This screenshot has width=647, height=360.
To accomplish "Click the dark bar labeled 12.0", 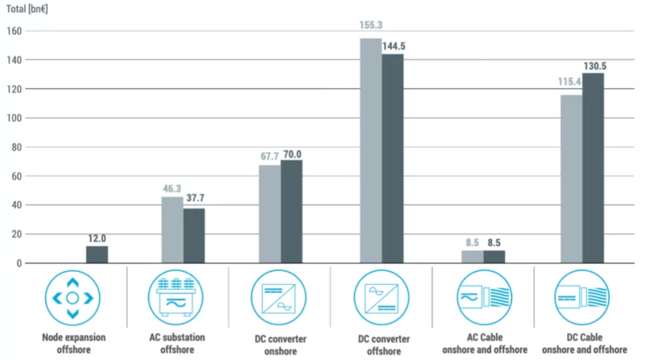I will coord(97,255).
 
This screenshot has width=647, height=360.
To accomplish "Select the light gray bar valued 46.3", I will coord(172,230).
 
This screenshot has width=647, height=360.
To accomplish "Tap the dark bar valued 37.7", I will coord(194,236).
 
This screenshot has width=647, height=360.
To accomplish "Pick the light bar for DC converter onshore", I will coord(269,214).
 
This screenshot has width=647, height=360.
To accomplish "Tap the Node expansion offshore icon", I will coord(72,298).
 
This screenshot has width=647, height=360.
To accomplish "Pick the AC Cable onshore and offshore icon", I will coord(483,298).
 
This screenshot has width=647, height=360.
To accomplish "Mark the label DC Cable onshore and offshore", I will coord(584,342).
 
